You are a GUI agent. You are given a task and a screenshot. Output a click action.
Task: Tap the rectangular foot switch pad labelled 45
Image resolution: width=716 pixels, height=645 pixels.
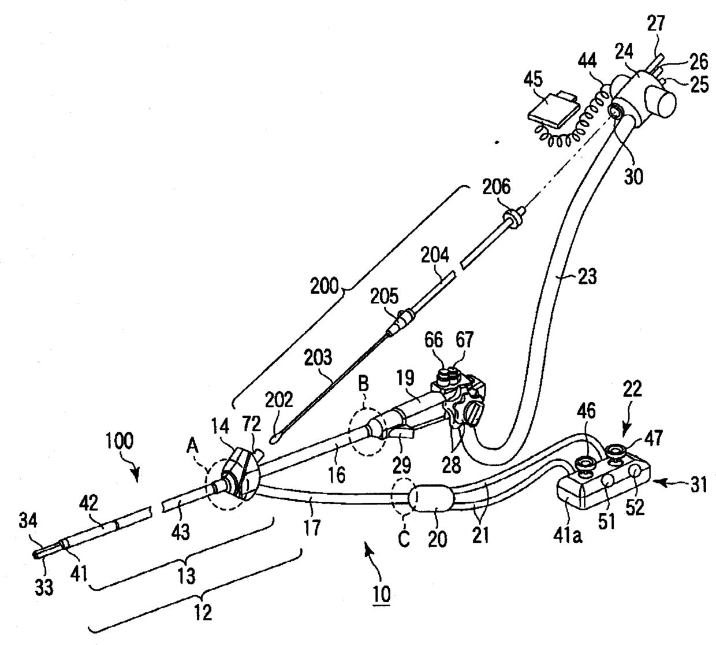pos(553,112)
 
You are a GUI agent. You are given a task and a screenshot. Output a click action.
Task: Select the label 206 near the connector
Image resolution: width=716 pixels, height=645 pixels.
pos(497,187)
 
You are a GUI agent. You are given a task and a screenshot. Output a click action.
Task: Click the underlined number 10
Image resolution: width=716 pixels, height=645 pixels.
pos(382,594)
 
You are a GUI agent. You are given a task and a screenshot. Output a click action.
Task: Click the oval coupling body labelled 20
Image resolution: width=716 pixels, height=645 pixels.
pos(431,498)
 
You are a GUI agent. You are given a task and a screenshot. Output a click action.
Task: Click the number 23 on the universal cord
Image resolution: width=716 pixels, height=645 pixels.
pos(587,277)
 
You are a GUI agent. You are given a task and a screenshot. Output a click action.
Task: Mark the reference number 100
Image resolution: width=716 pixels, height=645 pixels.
pos(119,440)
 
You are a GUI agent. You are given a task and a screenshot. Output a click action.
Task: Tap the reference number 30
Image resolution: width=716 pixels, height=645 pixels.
pos(634,176)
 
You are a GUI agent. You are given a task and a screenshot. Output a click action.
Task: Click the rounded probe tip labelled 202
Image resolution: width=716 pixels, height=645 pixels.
pos(274,439)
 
